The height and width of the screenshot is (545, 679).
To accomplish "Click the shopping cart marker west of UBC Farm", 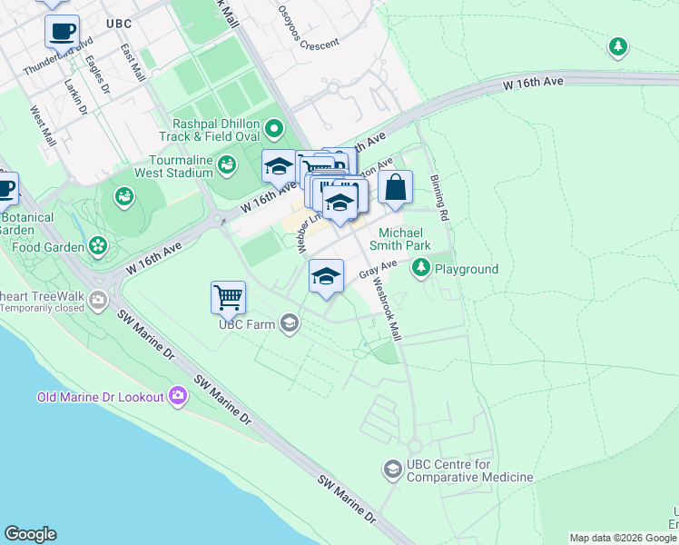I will click(228, 297).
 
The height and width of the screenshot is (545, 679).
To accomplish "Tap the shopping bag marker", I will click(396, 187).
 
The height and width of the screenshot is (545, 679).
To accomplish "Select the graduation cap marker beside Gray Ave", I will click(326, 277).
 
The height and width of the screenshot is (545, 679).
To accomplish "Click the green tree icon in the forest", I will click(618, 45).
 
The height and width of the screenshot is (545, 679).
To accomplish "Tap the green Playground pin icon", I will click(420, 268).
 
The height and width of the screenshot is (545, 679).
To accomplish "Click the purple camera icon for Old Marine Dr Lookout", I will click(177, 395).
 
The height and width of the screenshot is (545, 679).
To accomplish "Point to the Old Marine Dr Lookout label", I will click(100, 397).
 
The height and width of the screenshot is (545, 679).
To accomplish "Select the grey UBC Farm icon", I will click(290, 323).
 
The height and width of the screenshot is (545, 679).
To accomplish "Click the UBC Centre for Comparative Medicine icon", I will click(393, 469).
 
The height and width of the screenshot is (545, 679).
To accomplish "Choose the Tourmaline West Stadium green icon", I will click(224, 163).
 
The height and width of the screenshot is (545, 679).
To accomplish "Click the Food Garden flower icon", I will click(97, 245).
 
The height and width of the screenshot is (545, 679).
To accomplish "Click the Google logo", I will click(30, 534).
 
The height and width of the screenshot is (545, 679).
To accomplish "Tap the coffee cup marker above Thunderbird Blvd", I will click(62, 32).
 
